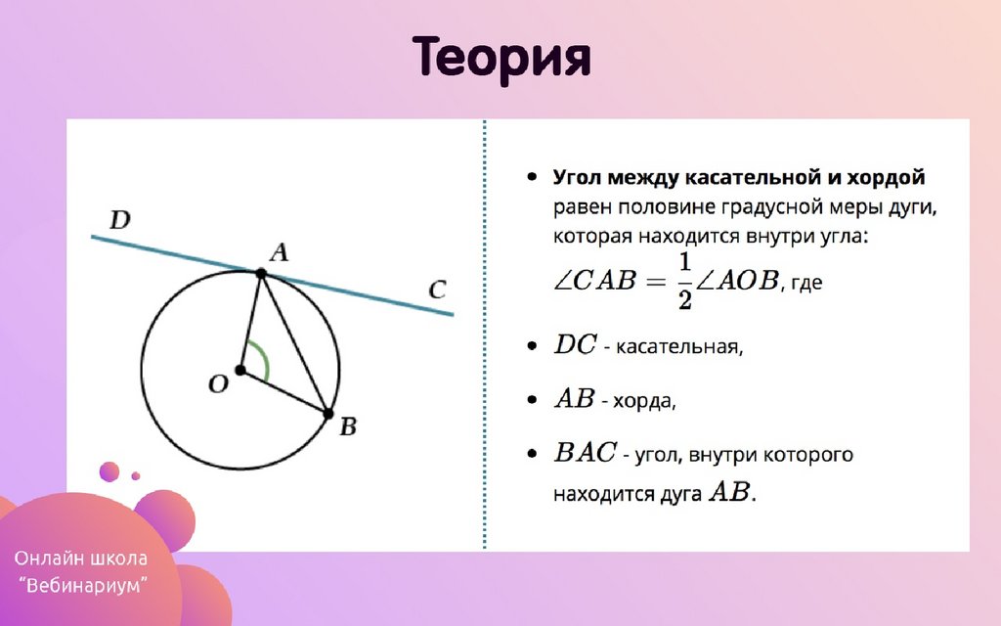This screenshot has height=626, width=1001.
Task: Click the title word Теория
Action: tap(501, 58)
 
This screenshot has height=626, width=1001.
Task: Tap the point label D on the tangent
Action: tap(120, 219)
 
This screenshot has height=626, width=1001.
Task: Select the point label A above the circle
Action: tap(279, 252)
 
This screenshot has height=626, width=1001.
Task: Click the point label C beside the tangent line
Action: tap(437, 290)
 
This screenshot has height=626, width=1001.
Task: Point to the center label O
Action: tap(218, 383)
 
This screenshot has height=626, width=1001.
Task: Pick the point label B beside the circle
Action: tap(348, 426)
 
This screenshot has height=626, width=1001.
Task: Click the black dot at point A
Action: tap(261, 274)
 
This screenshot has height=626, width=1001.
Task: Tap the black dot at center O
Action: tap(240, 370)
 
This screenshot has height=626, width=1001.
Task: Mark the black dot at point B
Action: tap(328, 414)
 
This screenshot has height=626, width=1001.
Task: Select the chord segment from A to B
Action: tap(295, 343)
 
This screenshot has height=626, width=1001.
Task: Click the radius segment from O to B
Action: tap(284, 392)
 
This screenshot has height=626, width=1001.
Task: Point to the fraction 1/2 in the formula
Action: tap(685, 281)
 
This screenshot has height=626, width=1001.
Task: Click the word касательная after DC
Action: tap(679, 347)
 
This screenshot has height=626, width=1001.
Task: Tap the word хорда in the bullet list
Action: tap(644, 401)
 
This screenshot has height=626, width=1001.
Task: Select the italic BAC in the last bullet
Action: tap(585, 452)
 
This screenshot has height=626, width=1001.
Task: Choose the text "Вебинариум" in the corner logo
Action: tap(83, 585)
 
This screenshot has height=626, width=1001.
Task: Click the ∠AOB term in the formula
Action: tap(737, 281)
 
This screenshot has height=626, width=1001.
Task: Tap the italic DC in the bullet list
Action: tap(575, 345)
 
